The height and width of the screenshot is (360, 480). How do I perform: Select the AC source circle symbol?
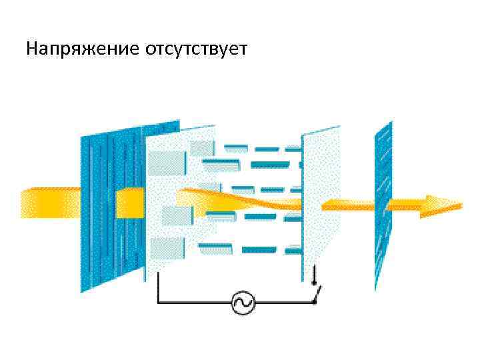tap(243, 303)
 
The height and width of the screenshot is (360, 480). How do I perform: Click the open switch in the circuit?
tap(316, 293)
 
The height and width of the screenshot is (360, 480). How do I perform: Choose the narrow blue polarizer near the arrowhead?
tap(383, 203)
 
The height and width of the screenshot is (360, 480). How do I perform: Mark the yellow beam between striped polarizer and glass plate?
tap(130, 203)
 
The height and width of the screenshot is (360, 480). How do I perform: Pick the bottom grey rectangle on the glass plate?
tap(167, 249)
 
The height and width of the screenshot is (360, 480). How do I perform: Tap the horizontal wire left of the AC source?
tap(193, 303)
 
